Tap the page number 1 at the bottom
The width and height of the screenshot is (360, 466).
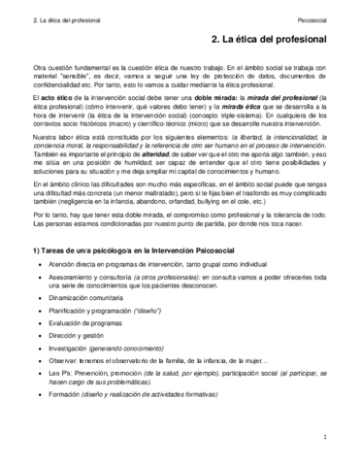329,439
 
